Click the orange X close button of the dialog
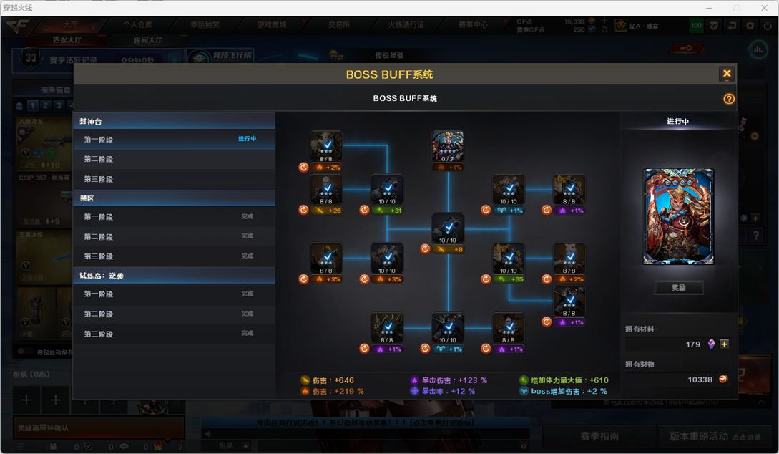(727, 74)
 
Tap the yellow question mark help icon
(729, 99)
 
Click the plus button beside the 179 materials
(725, 344)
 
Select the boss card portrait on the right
(678, 216)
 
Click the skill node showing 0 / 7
(448, 146)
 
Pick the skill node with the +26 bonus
(326, 190)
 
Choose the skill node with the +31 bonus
(387, 190)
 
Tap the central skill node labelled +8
(448, 229)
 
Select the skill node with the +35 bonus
(509, 259)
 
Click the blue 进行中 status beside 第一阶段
(248, 139)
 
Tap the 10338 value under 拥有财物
(700, 380)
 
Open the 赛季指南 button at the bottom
(599, 436)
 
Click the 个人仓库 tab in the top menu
(137, 24)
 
